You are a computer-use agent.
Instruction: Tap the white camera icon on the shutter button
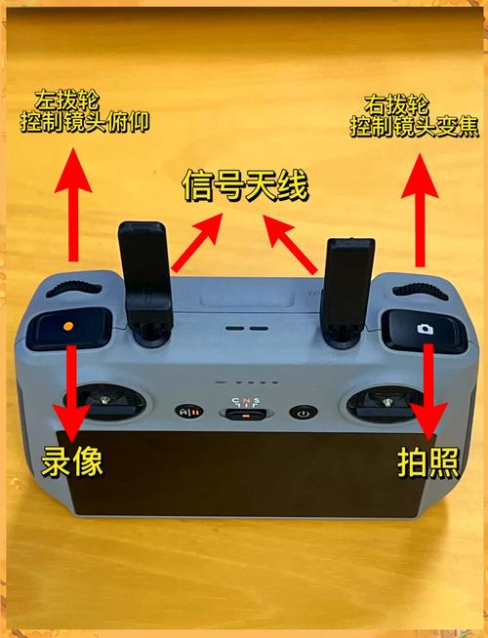click(424, 329)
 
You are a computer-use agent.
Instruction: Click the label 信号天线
click(244, 185)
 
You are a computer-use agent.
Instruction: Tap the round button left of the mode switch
click(185, 412)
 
